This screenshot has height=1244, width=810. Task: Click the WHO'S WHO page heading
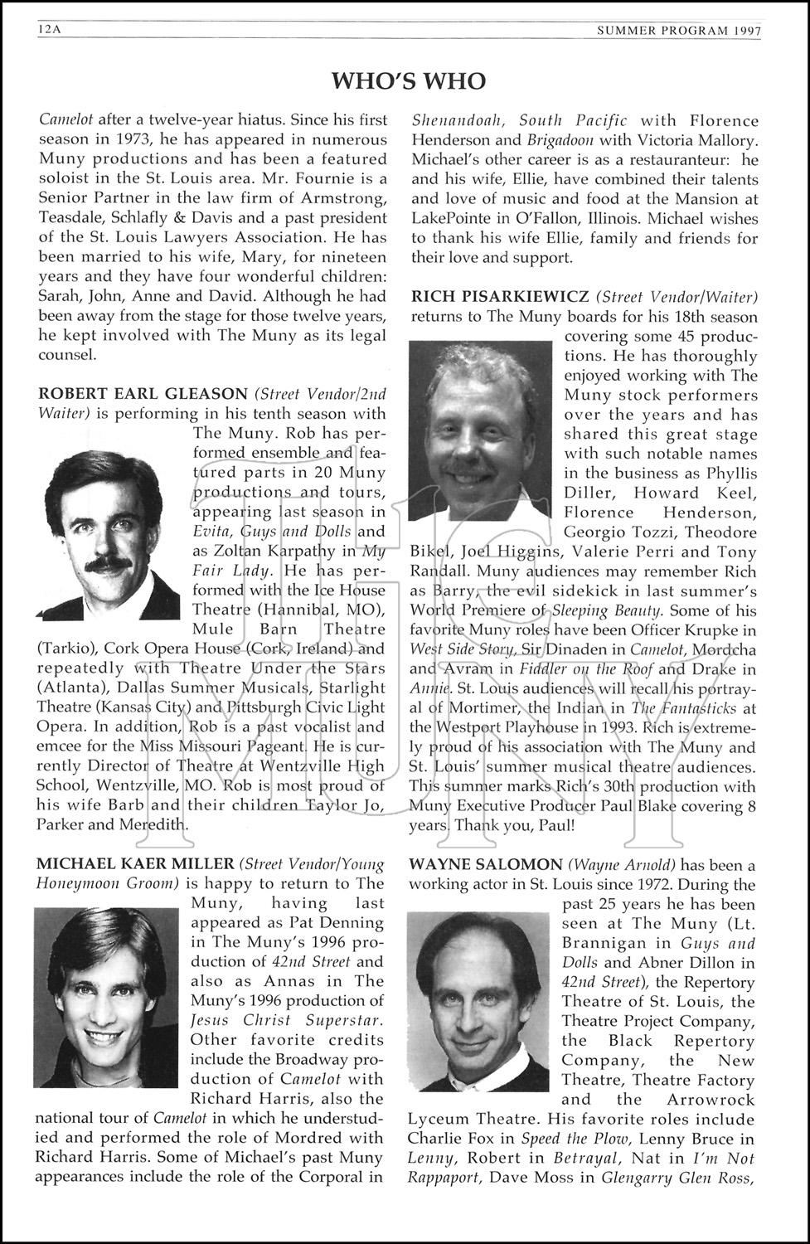click(409, 80)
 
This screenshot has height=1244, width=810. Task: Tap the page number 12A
click(50, 31)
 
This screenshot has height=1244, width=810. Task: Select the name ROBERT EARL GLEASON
click(143, 394)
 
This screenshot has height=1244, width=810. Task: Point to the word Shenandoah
click(454, 121)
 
